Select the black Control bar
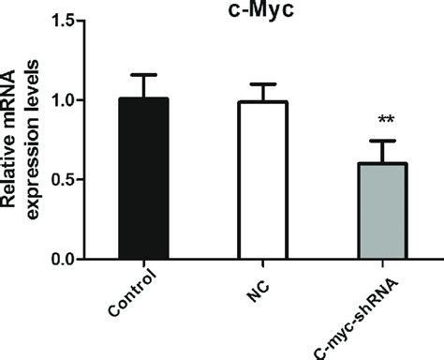pos(144,178)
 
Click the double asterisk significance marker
pos(384,121)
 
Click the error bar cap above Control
pos(144,75)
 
